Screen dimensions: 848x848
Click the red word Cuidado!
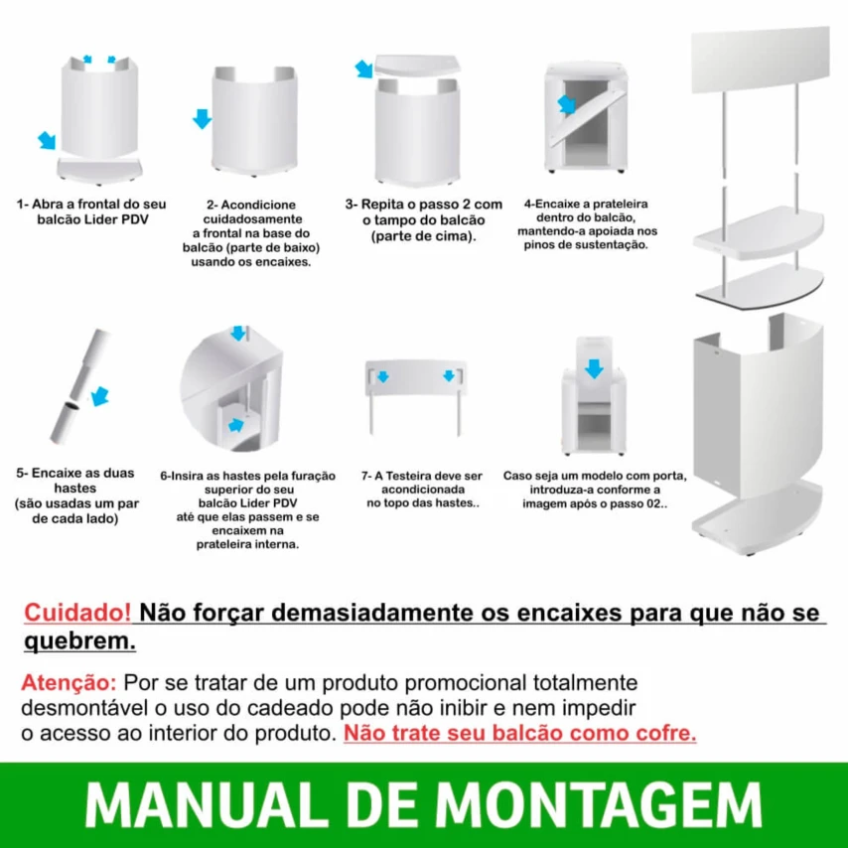coord(77,613)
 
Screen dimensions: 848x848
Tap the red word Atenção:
coord(69,682)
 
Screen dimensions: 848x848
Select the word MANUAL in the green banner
coord(207,805)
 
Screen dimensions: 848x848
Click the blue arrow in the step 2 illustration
coord(203,118)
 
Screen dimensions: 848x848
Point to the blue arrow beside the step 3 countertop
coord(364,69)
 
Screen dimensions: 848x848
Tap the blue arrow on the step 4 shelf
coord(566,104)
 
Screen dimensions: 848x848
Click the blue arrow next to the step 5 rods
coord(100,396)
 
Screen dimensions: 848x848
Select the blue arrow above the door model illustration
coord(594,368)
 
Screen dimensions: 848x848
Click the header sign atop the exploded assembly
coord(761,60)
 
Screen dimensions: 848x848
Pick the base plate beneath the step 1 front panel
coord(99,171)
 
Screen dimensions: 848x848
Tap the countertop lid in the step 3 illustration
coord(417,66)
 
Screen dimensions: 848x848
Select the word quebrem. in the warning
coord(79,641)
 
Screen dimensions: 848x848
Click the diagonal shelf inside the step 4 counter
coord(588,117)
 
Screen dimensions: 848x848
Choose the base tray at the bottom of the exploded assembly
coord(757,517)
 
